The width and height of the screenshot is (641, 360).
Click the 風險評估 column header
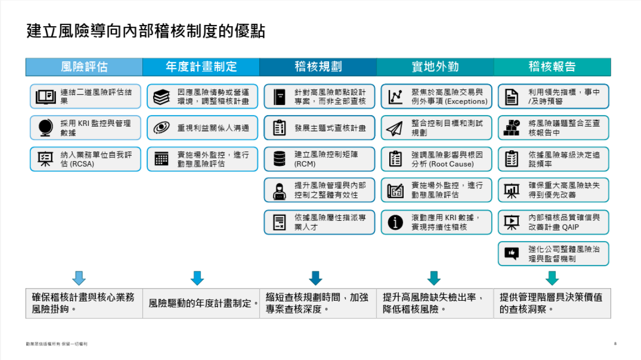pyautogui.click(x=84, y=67)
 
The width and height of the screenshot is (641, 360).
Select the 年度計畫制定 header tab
pyautogui.click(x=201, y=67)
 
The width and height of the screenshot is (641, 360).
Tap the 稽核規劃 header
pyautogui.click(x=318, y=67)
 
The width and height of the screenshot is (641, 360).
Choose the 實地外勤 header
pyautogui.click(x=435, y=67)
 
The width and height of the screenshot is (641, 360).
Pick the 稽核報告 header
pyautogui.click(x=552, y=67)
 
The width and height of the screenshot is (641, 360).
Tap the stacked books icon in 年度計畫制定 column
pyautogui.click(x=162, y=97)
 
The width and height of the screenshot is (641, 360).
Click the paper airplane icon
pyautogui.click(x=395, y=128)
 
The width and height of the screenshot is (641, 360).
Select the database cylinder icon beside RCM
pyautogui.click(x=279, y=159)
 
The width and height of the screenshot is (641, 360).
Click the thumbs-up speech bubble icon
pyautogui.click(x=512, y=253)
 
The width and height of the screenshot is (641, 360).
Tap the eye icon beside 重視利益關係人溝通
pyautogui.click(x=162, y=128)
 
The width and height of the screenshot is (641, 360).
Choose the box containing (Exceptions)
pyautogui.click(x=437, y=97)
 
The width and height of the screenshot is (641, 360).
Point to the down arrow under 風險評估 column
pyautogui.click(x=79, y=278)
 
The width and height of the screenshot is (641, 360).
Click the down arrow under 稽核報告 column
pyautogui.click(x=552, y=278)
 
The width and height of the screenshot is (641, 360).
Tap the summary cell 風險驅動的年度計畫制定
pyautogui.click(x=201, y=303)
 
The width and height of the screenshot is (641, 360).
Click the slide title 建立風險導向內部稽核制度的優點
pyautogui.click(x=146, y=31)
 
